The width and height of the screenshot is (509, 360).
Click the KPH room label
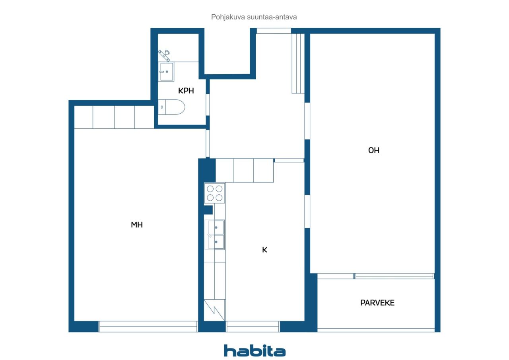[x=186, y=91]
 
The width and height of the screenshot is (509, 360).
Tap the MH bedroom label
[x=137, y=225]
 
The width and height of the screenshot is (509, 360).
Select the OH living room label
[x=374, y=150]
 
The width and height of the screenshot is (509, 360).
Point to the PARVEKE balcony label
[x=377, y=303]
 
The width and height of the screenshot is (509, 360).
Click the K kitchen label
[x=264, y=250]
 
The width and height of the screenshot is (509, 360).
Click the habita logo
[x=254, y=350]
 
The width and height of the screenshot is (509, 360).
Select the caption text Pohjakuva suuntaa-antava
[x=254, y=17]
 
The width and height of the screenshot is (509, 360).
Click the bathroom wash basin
[x=167, y=72]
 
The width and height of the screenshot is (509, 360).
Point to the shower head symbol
[x=164, y=53]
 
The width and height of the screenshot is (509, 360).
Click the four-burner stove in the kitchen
[x=215, y=193]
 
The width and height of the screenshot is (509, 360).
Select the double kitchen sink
[x=215, y=234]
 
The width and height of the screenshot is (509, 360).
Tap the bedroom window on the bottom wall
[x=148, y=327]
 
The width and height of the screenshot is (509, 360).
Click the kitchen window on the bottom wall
[x=253, y=327]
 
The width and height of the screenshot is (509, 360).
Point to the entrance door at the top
[x=274, y=31]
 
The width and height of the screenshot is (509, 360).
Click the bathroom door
[x=208, y=105]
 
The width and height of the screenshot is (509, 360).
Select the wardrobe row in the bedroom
[x=114, y=117]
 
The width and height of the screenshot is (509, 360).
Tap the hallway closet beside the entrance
[x=298, y=64]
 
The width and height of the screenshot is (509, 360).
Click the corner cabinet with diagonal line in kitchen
[x=214, y=310]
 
